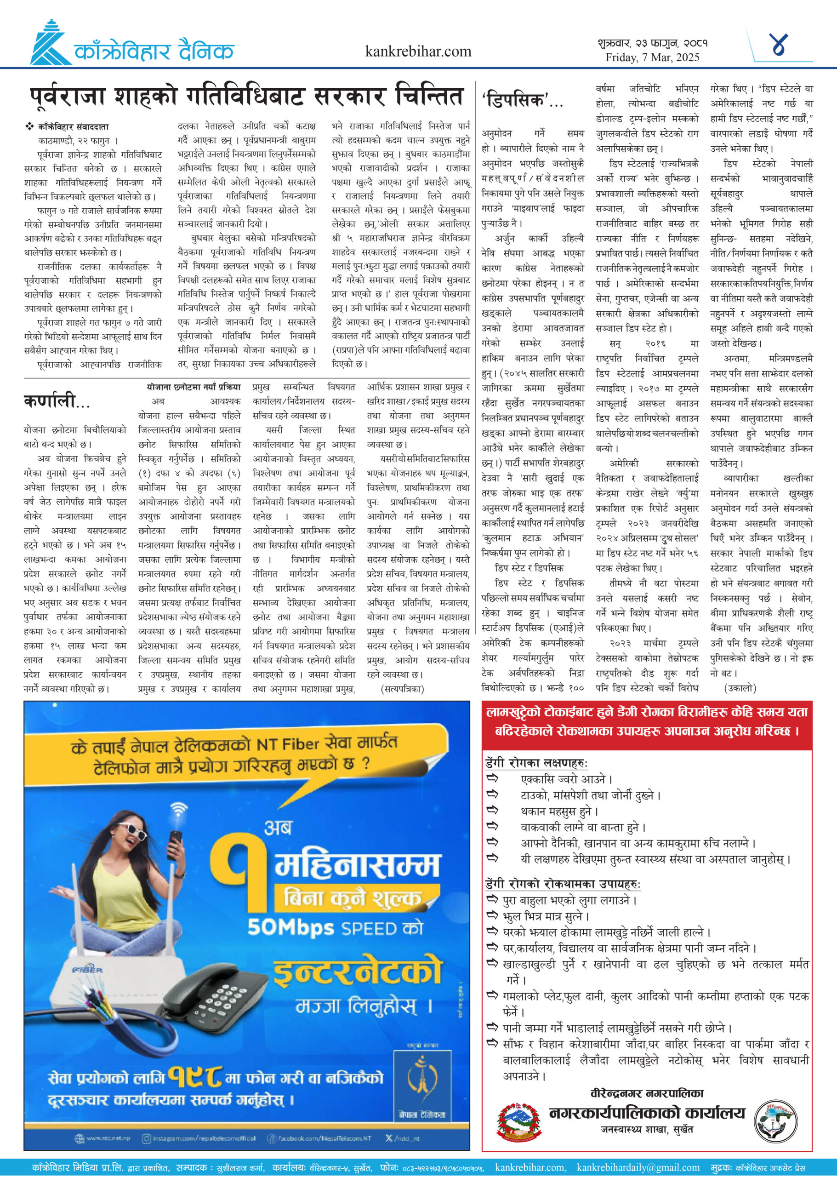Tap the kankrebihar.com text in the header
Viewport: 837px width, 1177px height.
click(x=417, y=51)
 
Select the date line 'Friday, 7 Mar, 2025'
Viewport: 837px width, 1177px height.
click(x=652, y=57)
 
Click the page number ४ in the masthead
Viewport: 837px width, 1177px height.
click(x=779, y=45)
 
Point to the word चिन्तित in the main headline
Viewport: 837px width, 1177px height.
click(x=429, y=97)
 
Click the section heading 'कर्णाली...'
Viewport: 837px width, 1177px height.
click(x=56, y=400)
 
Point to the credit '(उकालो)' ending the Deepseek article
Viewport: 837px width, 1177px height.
click(x=740, y=688)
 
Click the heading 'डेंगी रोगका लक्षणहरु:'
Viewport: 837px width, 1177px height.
click(x=536, y=763)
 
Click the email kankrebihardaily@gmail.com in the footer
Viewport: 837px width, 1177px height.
click(x=638, y=1167)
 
